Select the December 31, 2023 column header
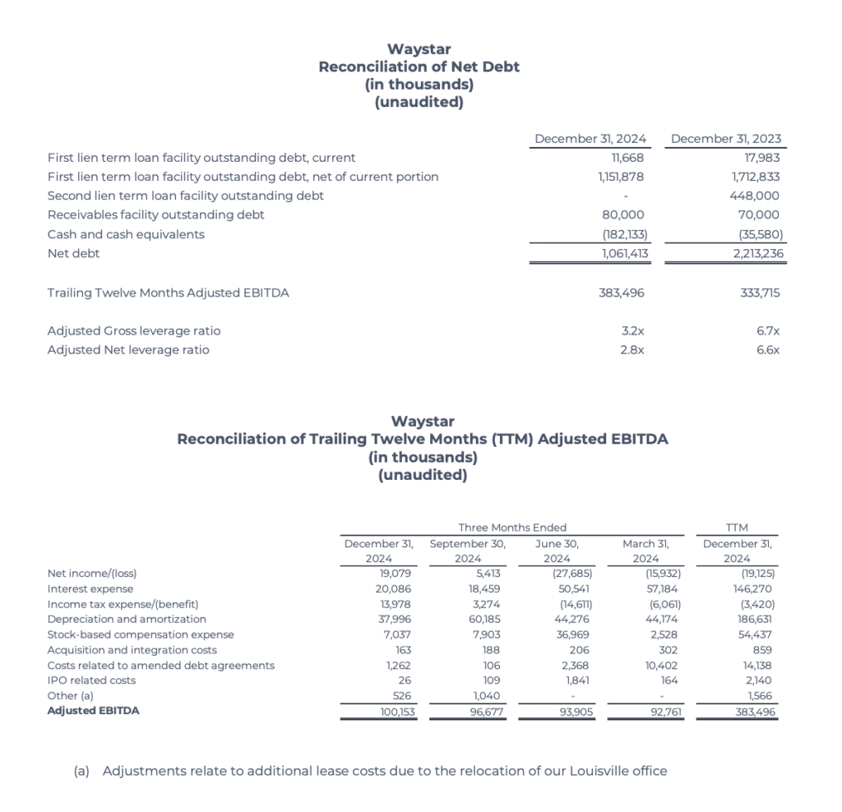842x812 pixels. tap(726, 139)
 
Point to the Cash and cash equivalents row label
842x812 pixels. tap(126, 234)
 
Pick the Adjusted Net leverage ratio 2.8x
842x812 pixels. tap(631, 350)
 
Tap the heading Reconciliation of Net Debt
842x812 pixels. tap(419, 67)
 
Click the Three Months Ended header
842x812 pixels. tap(512, 528)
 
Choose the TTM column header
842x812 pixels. tap(738, 528)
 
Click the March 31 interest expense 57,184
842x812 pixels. tap(662, 589)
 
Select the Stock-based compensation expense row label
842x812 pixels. tap(141, 634)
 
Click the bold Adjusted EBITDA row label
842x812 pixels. tap(93, 711)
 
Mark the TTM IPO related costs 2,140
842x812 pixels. tap(757, 681)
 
